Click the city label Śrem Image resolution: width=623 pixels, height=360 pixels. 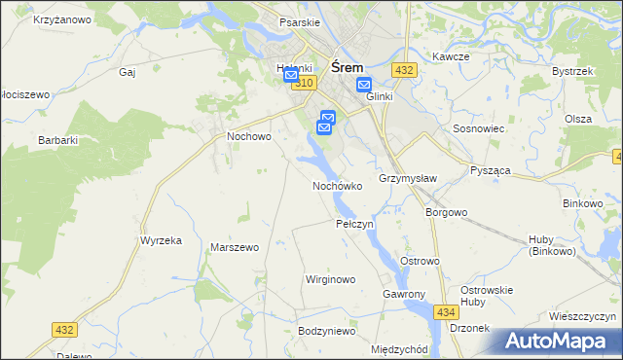tap(348, 67)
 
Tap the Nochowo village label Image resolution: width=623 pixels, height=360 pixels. tap(248, 137)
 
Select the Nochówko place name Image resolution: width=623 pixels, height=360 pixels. tap(338, 185)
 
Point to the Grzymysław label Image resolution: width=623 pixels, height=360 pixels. tap(408, 179)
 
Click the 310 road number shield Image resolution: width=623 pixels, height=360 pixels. tap(305, 85)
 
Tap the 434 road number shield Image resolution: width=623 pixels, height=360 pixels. tap(446, 311)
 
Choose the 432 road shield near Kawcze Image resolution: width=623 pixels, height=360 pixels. tap(405, 70)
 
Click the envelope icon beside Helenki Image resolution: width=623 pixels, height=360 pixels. tap(291, 76)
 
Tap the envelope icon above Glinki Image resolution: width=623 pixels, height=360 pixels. tap(363, 85)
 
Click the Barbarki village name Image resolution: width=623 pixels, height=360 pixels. tap(57, 140)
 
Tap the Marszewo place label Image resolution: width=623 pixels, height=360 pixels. tap(235, 247)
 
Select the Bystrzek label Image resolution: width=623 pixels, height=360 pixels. tap(572, 72)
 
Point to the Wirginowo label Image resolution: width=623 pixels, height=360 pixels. tap(331, 279)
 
